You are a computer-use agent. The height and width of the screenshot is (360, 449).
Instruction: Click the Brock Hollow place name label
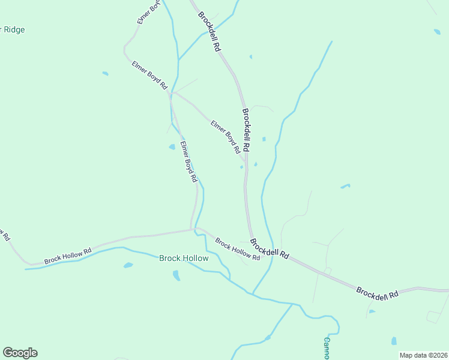tap(184, 259)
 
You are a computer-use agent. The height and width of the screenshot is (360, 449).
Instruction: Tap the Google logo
tap(20, 353)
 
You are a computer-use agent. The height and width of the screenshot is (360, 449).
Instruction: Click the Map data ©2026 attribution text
tap(423, 355)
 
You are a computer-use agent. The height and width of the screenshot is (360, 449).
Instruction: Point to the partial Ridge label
tap(13, 29)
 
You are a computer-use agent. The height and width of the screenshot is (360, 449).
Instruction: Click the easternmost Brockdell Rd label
tap(378, 293)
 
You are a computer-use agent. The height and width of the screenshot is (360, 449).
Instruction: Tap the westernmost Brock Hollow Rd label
tap(68, 256)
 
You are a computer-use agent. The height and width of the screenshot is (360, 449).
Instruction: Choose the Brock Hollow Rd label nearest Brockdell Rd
tap(238, 250)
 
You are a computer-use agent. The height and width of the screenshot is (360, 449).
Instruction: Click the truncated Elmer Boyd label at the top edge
tap(148, 12)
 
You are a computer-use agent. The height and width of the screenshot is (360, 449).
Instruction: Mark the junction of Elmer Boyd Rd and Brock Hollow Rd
tap(192, 229)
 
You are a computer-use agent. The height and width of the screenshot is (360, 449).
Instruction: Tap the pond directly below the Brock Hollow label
tap(176, 275)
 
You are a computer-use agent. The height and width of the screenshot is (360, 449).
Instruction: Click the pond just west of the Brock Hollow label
tap(128, 265)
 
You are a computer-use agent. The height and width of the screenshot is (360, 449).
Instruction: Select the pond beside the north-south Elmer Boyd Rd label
tap(172, 146)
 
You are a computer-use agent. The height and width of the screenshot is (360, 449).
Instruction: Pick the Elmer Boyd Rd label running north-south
tap(189, 161)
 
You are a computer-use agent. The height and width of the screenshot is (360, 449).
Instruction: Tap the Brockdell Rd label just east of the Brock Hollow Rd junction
tap(270, 249)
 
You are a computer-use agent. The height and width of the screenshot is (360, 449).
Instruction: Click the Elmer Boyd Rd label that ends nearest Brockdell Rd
tap(226, 136)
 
